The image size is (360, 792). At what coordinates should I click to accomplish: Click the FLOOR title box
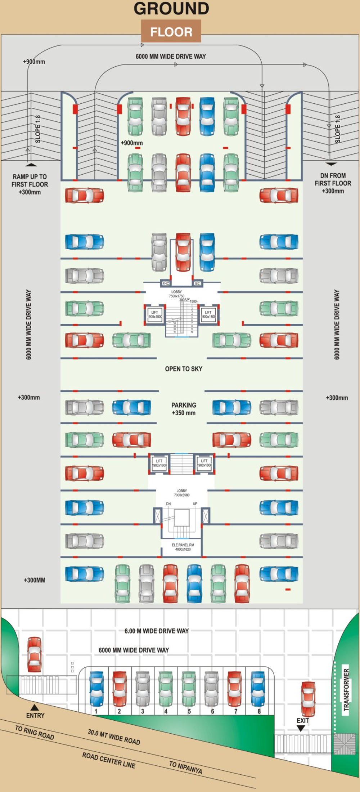[x=171, y=32]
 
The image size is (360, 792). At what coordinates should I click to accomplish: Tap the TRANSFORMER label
[x=346, y=689]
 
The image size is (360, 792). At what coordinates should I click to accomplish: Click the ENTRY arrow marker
[x=35, y=707]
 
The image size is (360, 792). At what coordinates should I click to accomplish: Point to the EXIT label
[x=302, y=720]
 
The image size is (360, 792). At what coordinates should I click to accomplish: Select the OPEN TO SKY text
[x=184, y=369]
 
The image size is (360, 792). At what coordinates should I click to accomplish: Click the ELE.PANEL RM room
[x=183, y=547]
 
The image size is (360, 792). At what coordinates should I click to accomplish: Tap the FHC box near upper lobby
[x=165, y=283]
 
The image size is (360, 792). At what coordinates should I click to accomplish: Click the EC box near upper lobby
[x=197, y=283]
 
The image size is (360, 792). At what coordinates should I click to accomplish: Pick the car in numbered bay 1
[x=96, y=688]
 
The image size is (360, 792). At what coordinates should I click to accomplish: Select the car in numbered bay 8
[x=258, y=688]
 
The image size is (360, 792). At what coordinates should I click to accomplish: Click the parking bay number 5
[x=189, y=711]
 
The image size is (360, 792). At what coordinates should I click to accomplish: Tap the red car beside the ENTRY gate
[x=35, y=654]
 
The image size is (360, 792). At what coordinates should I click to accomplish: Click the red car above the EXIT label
[x=308, y=699]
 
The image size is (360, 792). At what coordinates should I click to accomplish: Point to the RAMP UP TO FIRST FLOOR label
[x=30, y=184]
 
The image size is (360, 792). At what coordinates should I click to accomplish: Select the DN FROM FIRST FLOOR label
[x=333, y=183]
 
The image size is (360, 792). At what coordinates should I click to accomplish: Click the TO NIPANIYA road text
[x=185, y=767]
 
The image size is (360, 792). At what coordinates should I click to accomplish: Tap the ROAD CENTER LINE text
[x=109, y=760]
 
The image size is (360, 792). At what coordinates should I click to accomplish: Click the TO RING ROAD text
[x=35, y=733]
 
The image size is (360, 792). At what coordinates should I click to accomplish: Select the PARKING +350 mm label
[x=184, y=409]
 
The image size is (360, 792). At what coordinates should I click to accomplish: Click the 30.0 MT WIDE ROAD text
[x=114, y=737]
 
